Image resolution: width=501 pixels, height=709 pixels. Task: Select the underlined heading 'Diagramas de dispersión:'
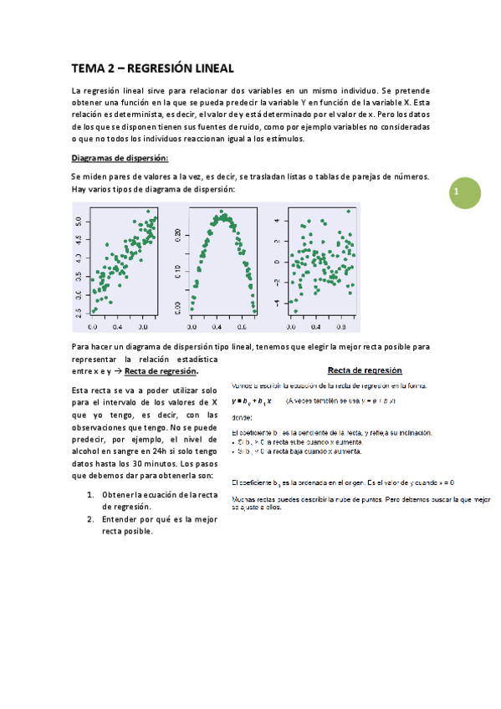[x=120, y=158]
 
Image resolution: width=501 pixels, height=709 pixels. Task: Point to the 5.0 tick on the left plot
[x=78, y=222]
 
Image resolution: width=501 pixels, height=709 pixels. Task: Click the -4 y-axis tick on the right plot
[x=281, y=302]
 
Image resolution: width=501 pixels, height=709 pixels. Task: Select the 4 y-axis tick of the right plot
[x=281, y=222]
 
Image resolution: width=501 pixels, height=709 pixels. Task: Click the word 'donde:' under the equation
[x=241, y=417]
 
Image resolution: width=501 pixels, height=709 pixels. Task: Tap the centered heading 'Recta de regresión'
[x=364, y=370]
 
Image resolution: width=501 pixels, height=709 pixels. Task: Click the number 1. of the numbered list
[x=90, y=495]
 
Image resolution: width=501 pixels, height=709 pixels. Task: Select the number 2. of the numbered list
[x=90, y=518]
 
